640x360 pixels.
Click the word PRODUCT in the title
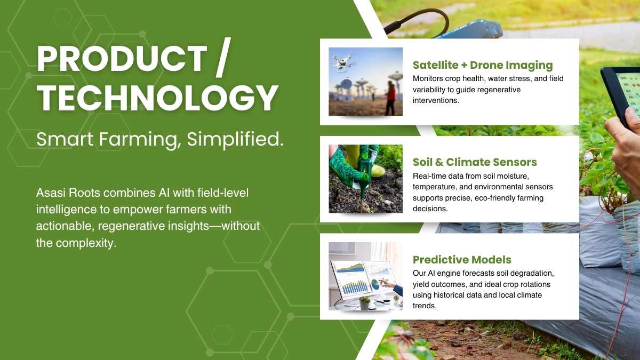point(122,59)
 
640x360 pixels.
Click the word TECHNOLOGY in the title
point(157,98)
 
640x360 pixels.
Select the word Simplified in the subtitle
point(235,139)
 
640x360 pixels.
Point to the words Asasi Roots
point(68,193)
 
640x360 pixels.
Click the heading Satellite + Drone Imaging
point(483,65)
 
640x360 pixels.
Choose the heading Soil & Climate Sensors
point(475,162)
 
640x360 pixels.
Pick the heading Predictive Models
point(462,260)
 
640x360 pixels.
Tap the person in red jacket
point(390,98)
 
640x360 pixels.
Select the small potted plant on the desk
point(365,303)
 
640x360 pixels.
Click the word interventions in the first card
point(436,101)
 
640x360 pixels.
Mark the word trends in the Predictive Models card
point(425,306)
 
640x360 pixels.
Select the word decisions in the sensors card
point(430,209)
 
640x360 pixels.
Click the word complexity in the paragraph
point(86,243)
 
